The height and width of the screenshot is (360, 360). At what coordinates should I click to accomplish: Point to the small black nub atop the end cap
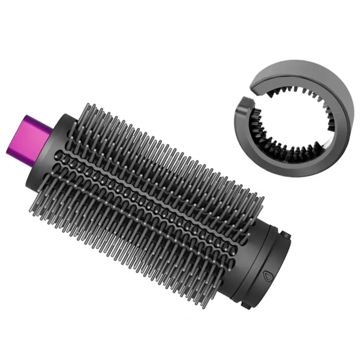pos(285,233)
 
